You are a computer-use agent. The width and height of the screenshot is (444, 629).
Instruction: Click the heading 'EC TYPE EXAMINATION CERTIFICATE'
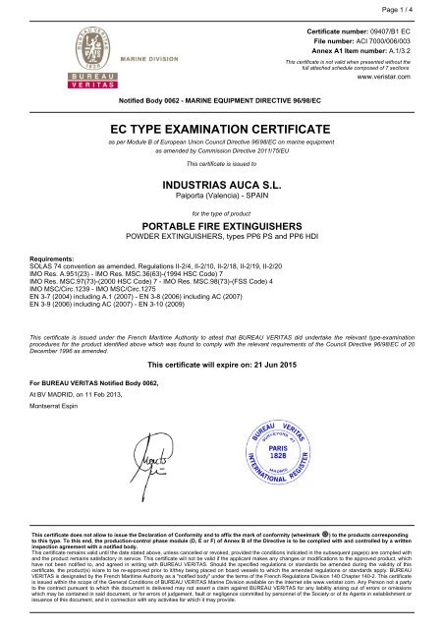coord(220,127)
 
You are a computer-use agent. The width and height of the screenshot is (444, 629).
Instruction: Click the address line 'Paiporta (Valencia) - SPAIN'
coord(220,196)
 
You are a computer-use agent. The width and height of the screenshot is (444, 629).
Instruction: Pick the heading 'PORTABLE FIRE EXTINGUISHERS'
coord(220,225)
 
